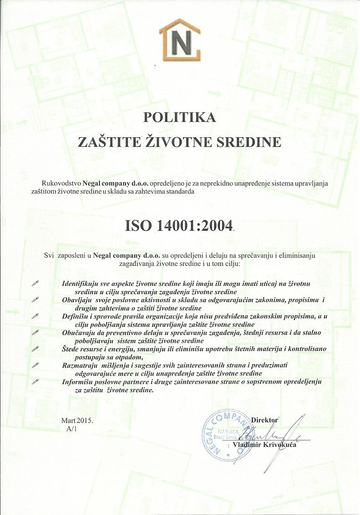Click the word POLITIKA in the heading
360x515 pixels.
[180, 117]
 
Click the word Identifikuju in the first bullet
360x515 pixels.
[79, 284]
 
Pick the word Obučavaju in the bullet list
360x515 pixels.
[77, 333]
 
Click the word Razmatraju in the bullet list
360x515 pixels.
[79, 365]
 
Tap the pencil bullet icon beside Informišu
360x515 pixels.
[35, 382]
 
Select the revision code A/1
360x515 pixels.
[71, 429]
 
